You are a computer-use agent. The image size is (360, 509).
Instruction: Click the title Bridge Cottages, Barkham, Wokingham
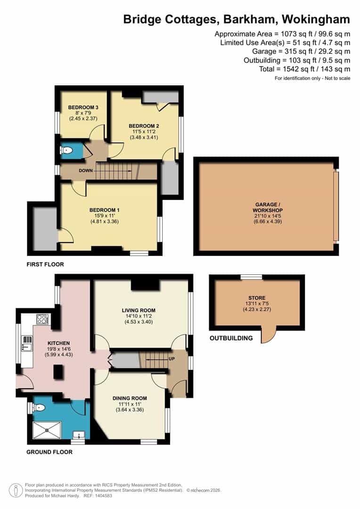(x=237, y=19)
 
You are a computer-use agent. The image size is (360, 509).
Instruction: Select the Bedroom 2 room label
(x=144, y=126)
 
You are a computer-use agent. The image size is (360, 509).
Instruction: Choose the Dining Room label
(x=129, y=398)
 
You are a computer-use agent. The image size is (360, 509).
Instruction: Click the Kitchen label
(x=59, y=343)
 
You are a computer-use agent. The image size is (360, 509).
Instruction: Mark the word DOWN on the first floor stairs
(x=85, y=171)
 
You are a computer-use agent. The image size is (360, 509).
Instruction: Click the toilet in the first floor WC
(x=67, y=151)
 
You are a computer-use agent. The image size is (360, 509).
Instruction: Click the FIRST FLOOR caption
(x=45, y=264)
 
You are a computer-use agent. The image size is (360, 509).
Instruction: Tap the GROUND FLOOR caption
(x=49, y=452)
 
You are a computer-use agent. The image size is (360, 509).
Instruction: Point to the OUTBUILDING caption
(x=231, y=338)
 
